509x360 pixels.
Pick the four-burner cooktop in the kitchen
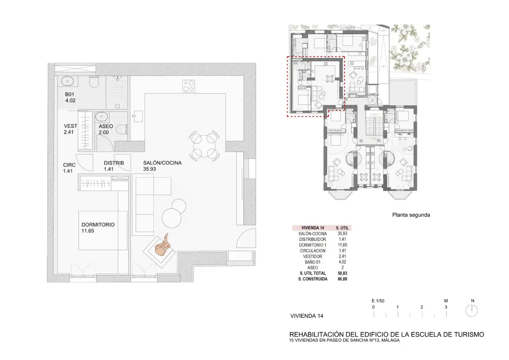(188, 86)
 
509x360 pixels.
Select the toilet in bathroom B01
(94, 82)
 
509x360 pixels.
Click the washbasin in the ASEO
(102, 117)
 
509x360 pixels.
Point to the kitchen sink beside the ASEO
(138, 116)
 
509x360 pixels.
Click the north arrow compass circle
(471, 311)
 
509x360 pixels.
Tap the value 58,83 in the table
(342, 273)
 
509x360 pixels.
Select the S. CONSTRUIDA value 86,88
(342, 279)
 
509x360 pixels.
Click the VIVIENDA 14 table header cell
(313, 228)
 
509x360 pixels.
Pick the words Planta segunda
(411, 215)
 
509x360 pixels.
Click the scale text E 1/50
(378, 301)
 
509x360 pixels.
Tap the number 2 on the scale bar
(422, 307)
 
